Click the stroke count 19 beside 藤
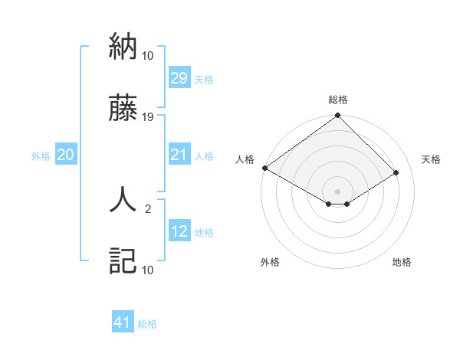[148, 117]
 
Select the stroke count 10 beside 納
[148, 56]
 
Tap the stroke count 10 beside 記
[148, 270]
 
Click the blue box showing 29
[179, 78]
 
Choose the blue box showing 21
[179, 155]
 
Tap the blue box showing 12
[179, 231]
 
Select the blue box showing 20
[66, 155]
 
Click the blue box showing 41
[123, 322]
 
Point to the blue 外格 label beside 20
[41, 155]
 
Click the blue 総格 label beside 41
[147, 324]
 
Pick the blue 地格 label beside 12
[204, 232]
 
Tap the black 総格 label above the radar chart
[338, 100]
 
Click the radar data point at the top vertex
[338, 116]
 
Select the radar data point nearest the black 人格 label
[264, 168]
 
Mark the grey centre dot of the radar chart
[338, 191]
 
